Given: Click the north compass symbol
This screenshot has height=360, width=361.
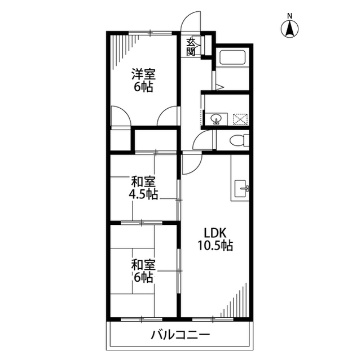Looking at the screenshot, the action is (289, 29).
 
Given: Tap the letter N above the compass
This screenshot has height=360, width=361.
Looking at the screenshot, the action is (289, 16).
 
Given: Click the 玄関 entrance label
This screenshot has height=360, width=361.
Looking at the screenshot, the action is (191, 47).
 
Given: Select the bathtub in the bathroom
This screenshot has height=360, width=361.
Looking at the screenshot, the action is (233, 57).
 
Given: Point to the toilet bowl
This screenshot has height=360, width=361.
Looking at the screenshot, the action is (237, 140).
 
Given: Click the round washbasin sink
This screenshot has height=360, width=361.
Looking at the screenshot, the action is (216, 119).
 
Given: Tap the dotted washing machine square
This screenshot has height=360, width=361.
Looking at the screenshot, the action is (240, 119).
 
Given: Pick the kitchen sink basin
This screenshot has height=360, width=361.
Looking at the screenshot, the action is (240, 189).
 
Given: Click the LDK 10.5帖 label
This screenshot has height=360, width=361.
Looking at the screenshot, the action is (215, 239).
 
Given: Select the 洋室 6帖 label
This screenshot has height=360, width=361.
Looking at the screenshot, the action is (143, 80).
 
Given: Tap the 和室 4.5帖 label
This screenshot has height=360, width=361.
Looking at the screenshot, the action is (143, 188).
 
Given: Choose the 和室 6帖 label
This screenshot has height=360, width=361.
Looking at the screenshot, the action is (143, 271).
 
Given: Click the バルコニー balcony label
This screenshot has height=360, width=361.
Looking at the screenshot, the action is (180, 335).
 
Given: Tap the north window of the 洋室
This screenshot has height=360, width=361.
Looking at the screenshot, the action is (150, 33).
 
